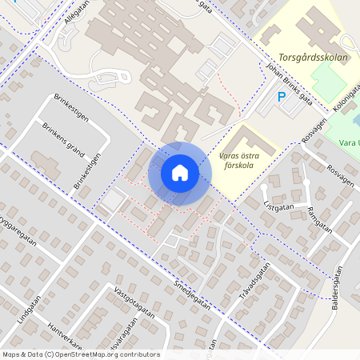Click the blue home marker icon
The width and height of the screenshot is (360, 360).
[180, 173]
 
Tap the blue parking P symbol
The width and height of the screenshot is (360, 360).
[281, 98]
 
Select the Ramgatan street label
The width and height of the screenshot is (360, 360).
[318, 215]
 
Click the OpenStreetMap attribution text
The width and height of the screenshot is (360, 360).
[80, 354]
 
